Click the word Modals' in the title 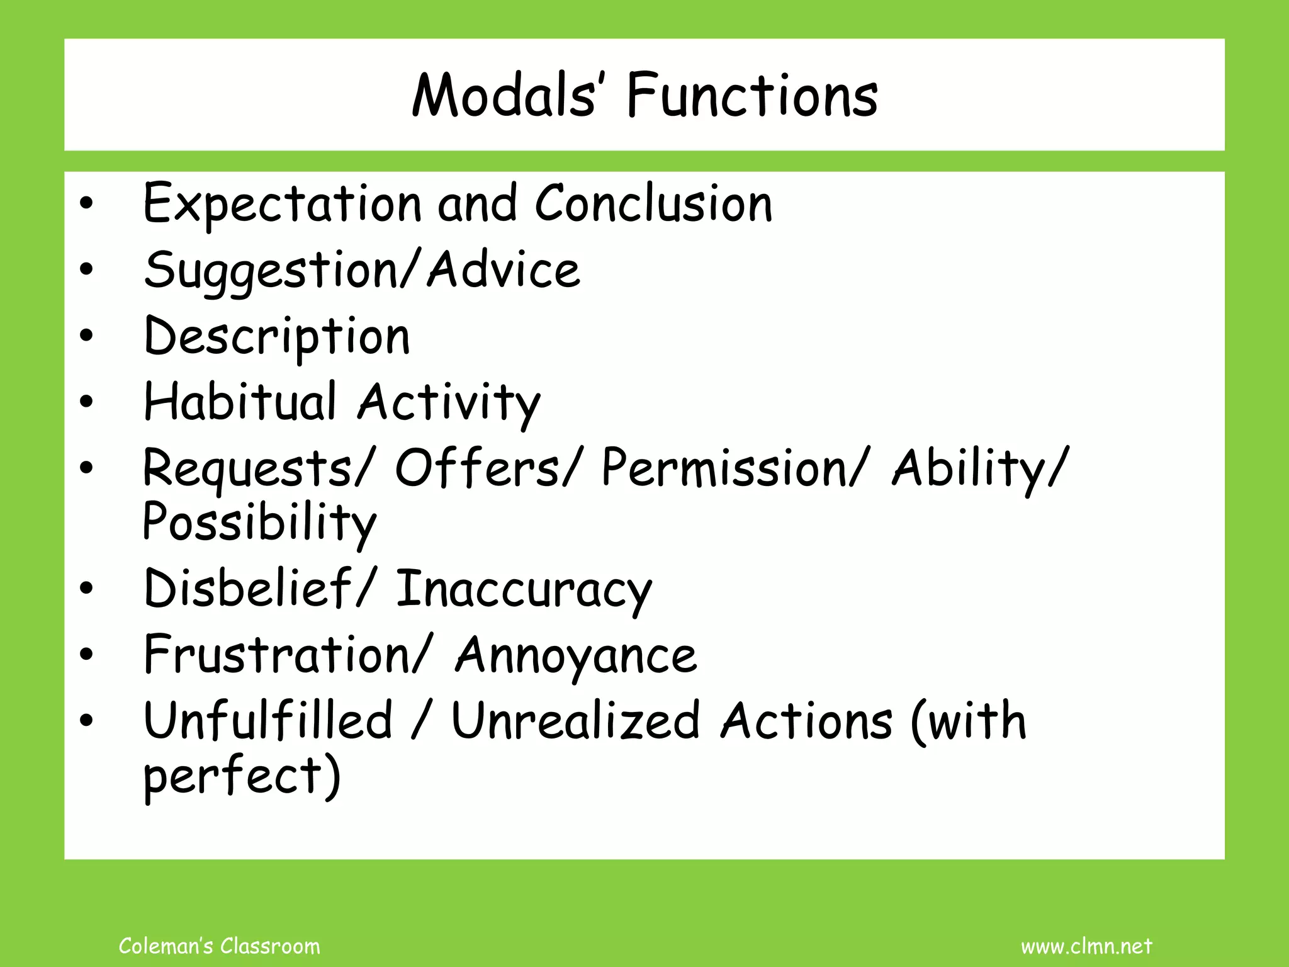[504, 96]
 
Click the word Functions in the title [752, 96]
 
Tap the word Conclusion [653, 203]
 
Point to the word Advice [504, 269]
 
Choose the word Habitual [240, 402]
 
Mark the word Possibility [259, 523]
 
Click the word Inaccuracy [524, 589]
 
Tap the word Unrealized [575, 720]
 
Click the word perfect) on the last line [242, 776]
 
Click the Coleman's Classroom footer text [219, 946]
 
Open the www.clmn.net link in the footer [1086, 946]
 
